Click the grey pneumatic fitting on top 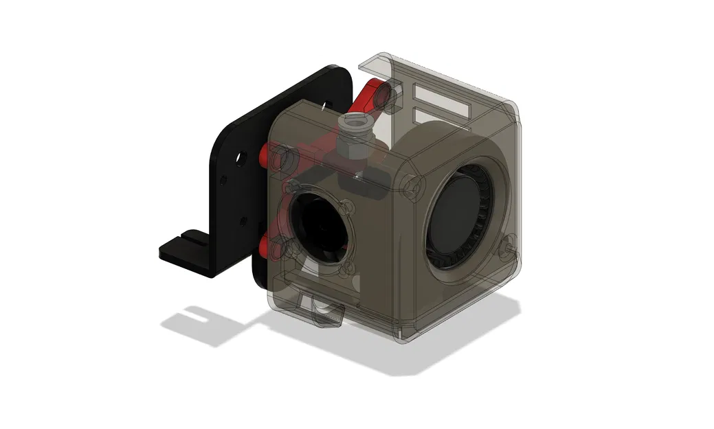tap(357, 126)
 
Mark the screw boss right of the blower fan tap(509, 242)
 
